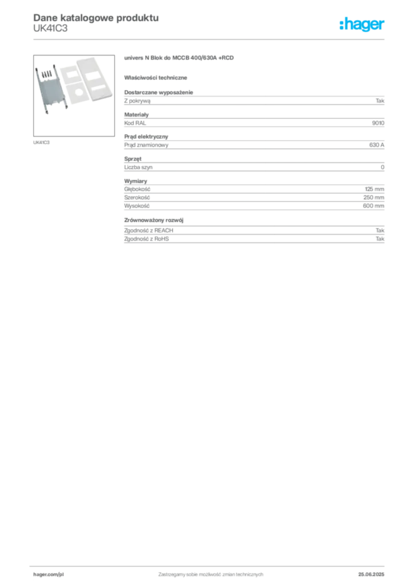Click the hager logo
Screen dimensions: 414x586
tap(361, 24)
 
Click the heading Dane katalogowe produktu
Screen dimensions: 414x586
tap(96, 18)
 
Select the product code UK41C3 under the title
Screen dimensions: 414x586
tap(50, 29)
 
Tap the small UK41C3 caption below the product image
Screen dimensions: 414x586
tap(41, 142)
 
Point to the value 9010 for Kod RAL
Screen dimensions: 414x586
tap(378, 123)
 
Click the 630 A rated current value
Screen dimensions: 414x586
tap(376, 145)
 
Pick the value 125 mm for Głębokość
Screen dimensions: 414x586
tap(375, 189)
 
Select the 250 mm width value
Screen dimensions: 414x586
tap(373, 197)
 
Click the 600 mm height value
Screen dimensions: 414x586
tap(373, 205)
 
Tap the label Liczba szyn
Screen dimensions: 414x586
tap(138, 167)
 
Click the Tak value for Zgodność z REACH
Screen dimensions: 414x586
tap(380, 230)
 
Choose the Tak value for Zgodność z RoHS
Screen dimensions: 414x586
tap(380, 239)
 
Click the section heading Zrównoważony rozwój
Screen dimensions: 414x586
tap(154, 220)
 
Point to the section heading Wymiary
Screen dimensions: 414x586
tap(136, 181)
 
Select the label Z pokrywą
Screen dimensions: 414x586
tap(137, 101)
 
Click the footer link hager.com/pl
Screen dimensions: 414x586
tap(49, 575)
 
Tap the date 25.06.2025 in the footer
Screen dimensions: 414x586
tap(371, 575)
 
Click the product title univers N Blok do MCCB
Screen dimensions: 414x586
tap(179, 58)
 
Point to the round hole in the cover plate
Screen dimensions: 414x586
tap(79, 92)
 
